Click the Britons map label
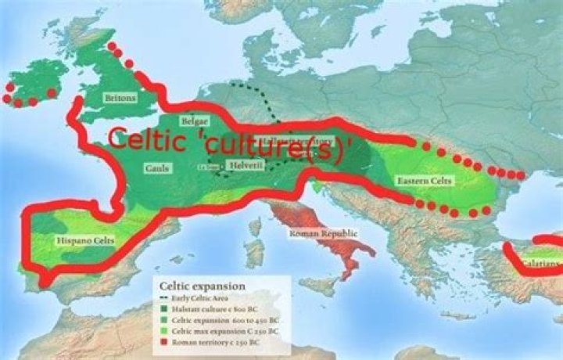[x=120, y=99]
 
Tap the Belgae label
[x=194, y=122]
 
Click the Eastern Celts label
[x=424, y=182]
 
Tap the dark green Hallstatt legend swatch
[x=163, y=310]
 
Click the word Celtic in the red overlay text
[x=145, y=141]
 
